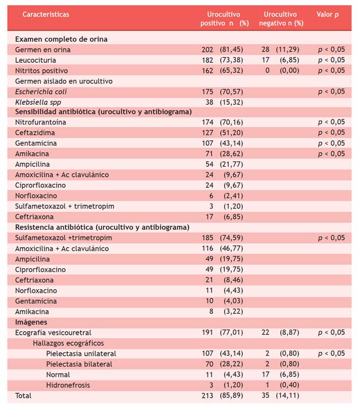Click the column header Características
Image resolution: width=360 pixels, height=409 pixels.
pos(46,14)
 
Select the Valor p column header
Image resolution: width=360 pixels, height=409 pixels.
pos(327,14)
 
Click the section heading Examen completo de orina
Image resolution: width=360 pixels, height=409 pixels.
pos(61,39)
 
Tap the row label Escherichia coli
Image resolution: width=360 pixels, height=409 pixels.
pos(41,92)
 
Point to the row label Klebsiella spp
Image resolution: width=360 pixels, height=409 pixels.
pos(37,102)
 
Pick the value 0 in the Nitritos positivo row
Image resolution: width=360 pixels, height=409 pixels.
pos(267,71)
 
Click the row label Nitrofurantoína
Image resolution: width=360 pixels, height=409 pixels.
pos(41,123)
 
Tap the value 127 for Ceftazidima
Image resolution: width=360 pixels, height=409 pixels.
pos(207,133)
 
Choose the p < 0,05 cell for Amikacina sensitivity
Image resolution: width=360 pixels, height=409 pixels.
pos(331,154)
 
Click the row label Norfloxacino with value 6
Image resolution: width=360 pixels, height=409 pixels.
pos(36,196)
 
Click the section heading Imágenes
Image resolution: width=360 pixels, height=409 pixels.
pos(31,322)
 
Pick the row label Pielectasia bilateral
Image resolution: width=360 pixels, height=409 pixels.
pos(79,364)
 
